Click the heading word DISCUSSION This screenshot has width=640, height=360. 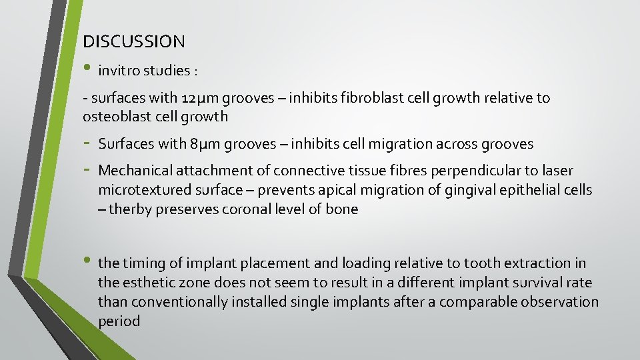(134, 41)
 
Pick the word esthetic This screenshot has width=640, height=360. (149, 283)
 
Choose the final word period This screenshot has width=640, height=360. (119, 321)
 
